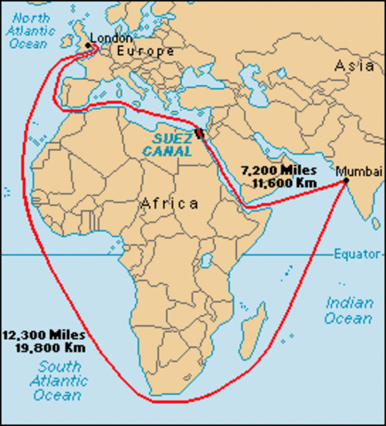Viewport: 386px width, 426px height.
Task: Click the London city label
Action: pos(113,38)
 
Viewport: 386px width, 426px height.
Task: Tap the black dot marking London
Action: pos(88,44)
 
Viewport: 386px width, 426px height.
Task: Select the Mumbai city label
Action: pos(364,170)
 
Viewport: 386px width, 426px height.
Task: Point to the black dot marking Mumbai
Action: pos(346,181)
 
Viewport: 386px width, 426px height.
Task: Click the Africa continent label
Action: pos(169,203)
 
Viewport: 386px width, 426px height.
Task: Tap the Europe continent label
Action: pos(141,52)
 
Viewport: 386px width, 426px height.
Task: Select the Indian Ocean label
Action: pos(349,311)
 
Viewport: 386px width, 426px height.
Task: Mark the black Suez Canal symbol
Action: pos(199,133)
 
